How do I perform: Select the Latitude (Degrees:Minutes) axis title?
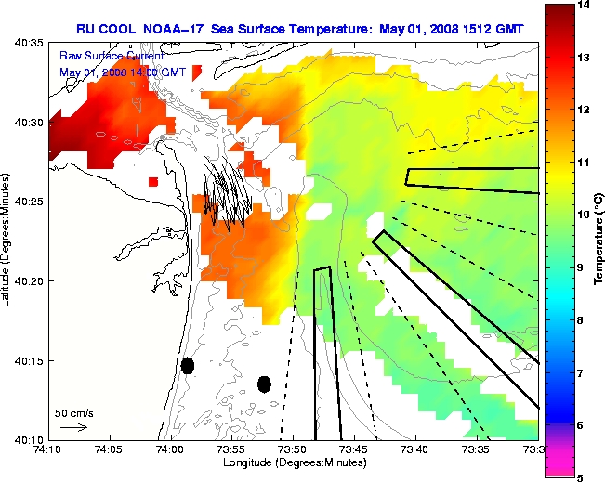click(7, 241)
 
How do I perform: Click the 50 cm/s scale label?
click(72, 412)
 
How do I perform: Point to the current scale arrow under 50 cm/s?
click(72, 428)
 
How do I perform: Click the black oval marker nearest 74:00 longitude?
click(188, 366)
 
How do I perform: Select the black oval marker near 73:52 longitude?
click(264, 384)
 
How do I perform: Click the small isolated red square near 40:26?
click(153, 182)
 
